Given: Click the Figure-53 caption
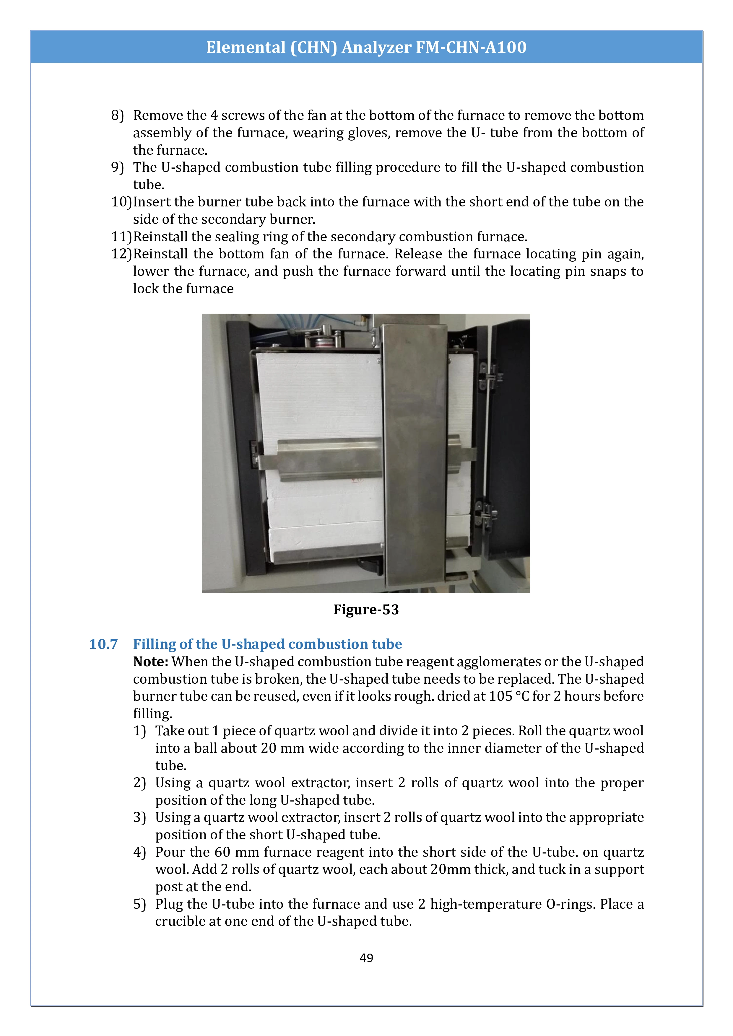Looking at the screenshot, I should tap(366, 610).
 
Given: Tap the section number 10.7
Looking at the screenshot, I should tap(103, 644).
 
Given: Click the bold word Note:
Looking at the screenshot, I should tap(151, 662).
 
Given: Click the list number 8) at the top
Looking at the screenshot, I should tap(117, 115).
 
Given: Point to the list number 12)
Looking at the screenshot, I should tap(121, 254).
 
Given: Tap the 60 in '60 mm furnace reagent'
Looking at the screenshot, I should tap(222, 852).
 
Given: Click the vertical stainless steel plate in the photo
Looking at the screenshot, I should tap(413, 456).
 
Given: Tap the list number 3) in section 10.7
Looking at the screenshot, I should tap(139, 818).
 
